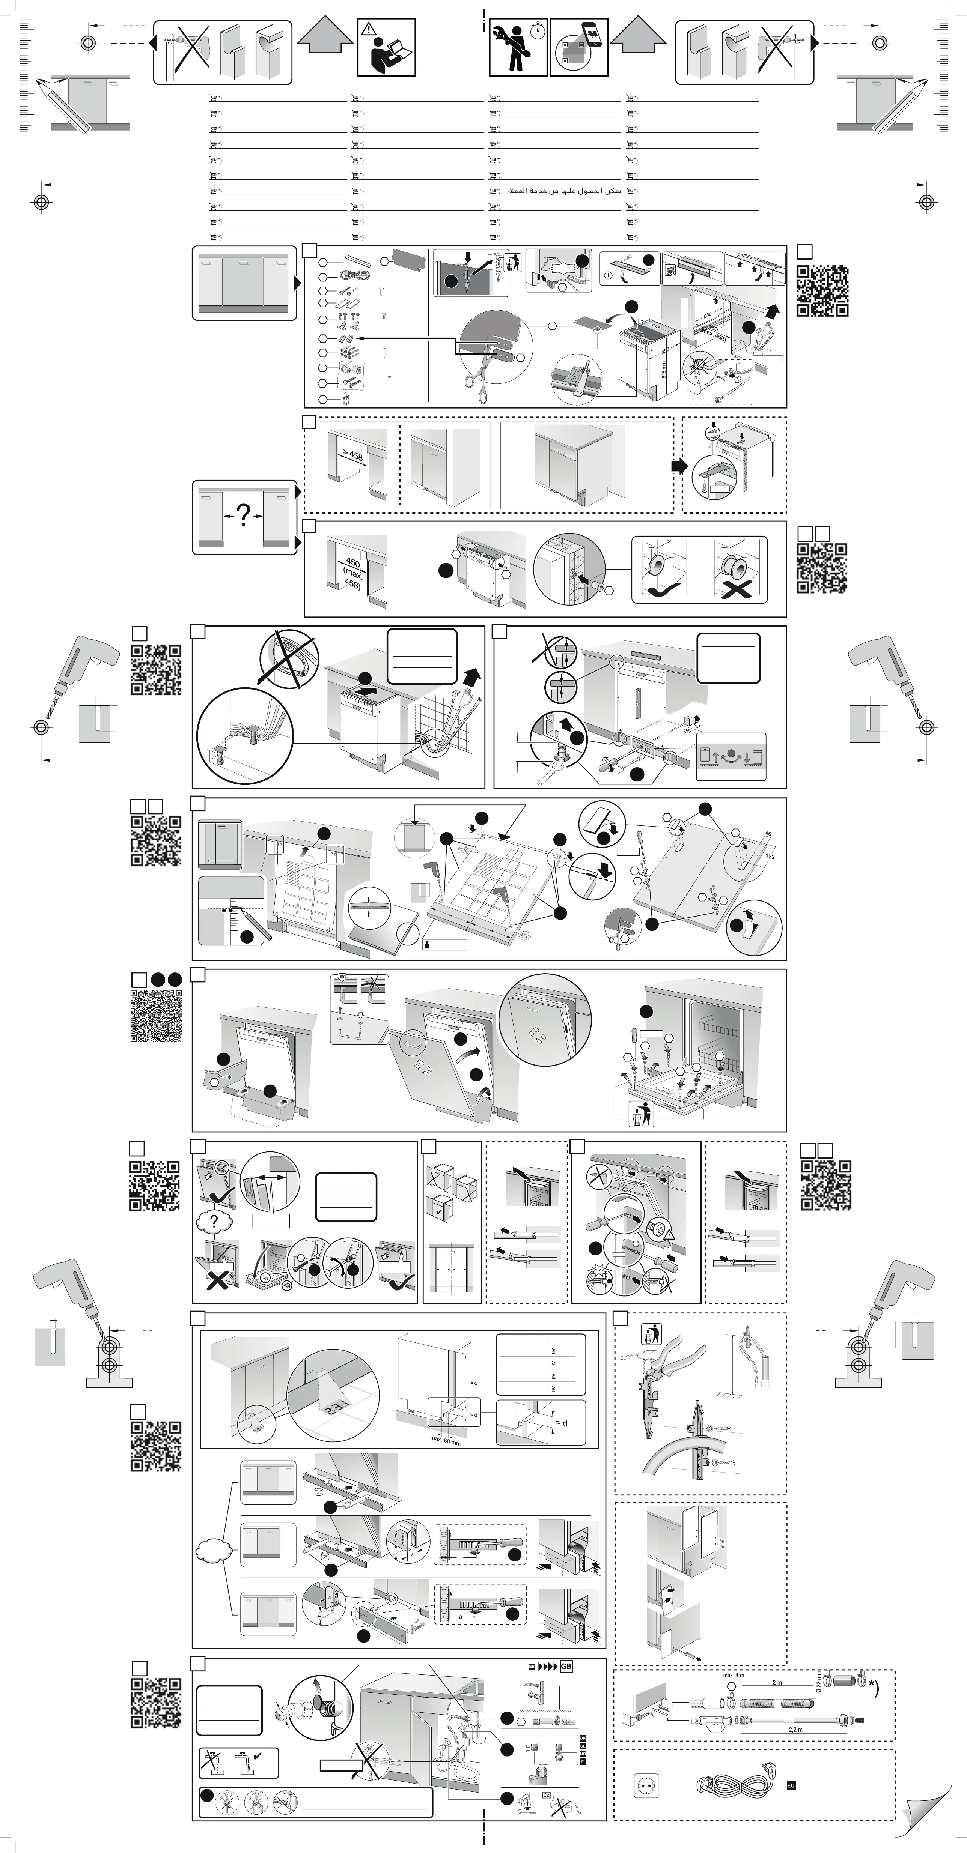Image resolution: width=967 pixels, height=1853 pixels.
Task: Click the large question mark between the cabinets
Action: coord(244,515)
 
